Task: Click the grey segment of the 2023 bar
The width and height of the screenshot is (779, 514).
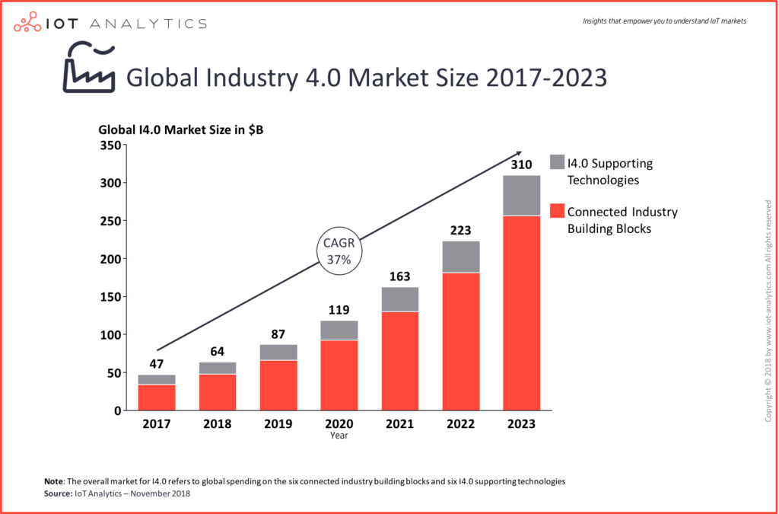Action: click(521, 196)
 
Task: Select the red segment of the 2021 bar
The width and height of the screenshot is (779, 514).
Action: click(399, 361)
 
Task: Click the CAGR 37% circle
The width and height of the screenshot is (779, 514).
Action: click(339, 252)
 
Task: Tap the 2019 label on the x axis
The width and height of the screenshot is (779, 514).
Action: click(278, 424)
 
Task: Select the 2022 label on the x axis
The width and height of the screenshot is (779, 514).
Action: click(460, 424)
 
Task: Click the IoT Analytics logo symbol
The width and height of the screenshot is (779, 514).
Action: click(29, 22)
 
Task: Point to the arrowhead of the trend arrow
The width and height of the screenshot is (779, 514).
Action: click(518, 153)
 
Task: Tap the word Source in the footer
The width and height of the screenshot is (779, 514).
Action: click(59, 494)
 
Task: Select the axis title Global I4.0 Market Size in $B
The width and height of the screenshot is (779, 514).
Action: click(181, 130)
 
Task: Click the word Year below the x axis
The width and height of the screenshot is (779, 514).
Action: click(339, 436)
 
